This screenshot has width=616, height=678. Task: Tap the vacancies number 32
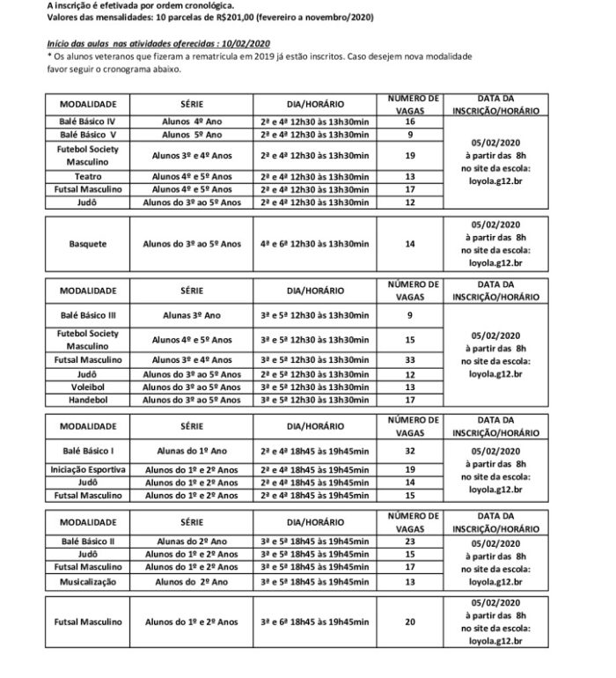coord(410,450)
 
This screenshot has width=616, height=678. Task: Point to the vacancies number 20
coord(410,622)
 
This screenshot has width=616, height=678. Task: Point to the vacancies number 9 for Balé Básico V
coord(410,135)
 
